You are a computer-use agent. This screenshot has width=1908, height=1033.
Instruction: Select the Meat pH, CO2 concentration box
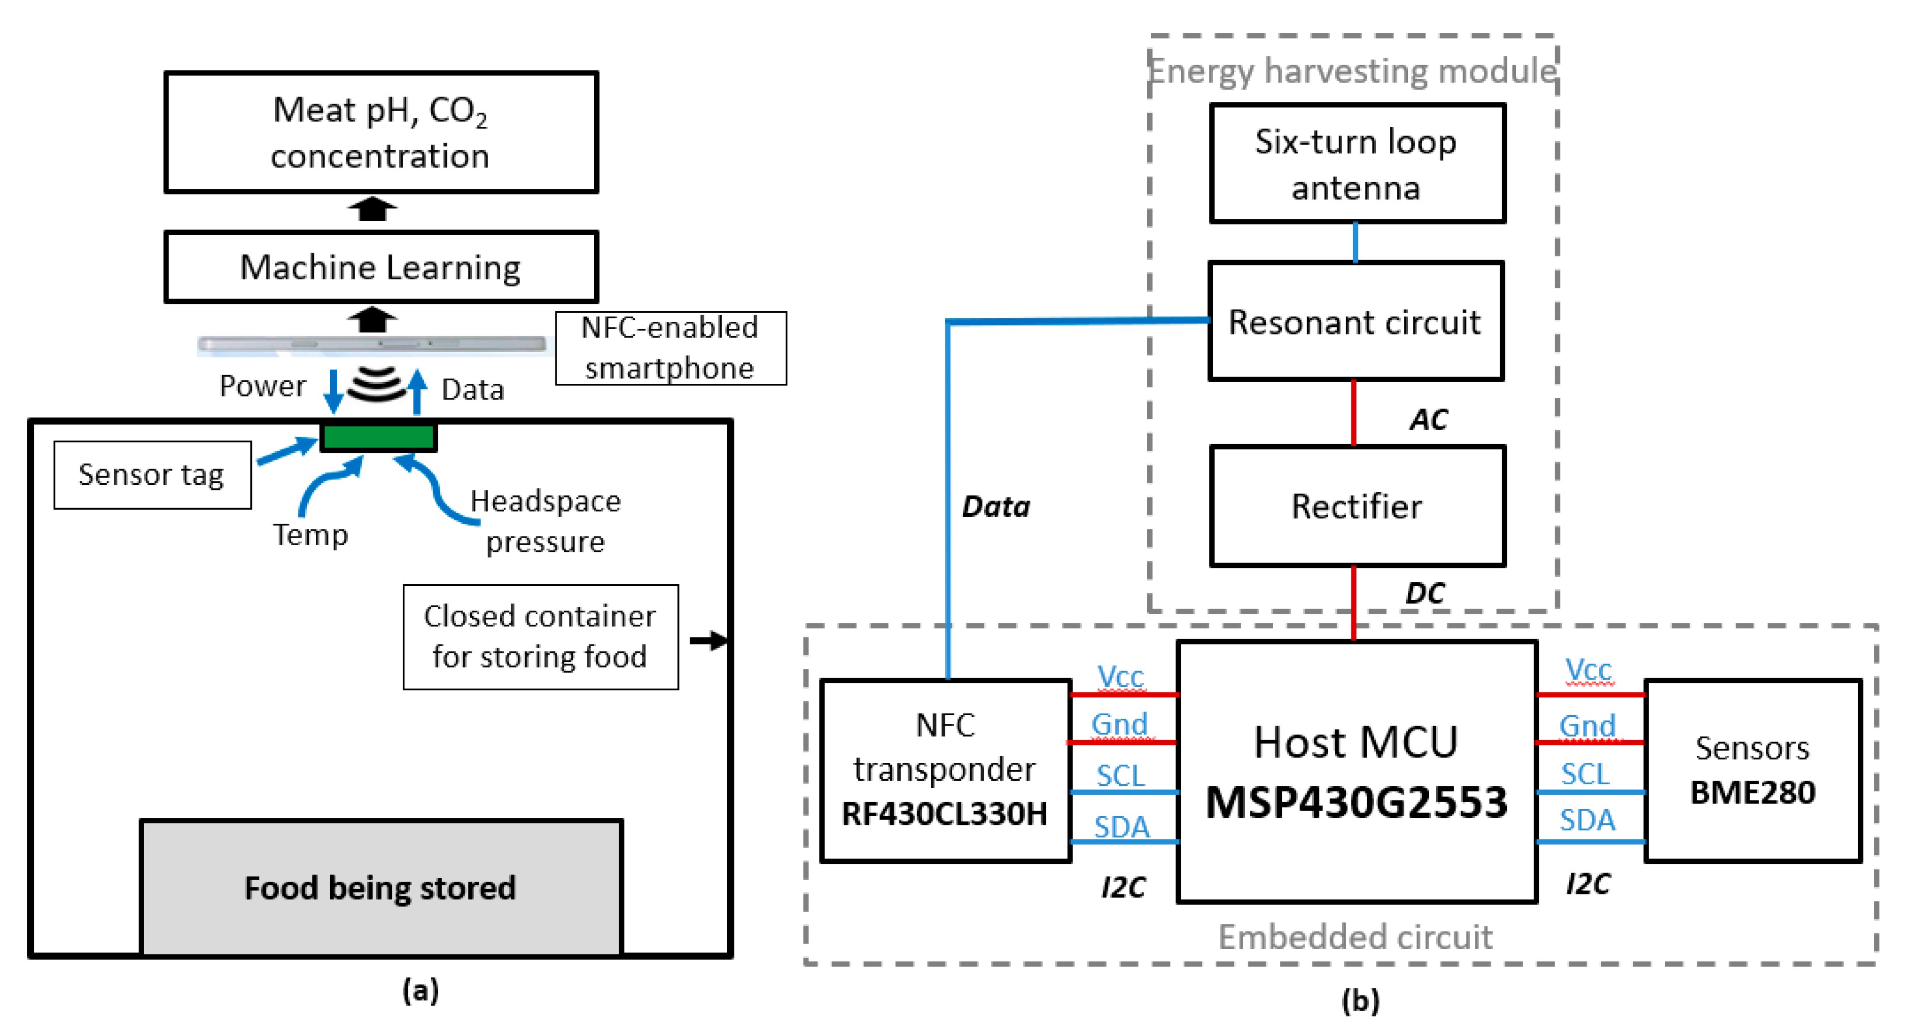[381, 132]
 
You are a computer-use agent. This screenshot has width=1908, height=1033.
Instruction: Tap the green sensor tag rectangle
[378, 437]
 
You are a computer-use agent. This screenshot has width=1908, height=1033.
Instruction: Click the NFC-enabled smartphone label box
[670, 348]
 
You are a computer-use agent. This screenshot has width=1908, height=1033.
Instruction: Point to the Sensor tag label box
[152, 475]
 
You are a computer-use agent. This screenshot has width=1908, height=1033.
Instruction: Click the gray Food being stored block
[381, 887]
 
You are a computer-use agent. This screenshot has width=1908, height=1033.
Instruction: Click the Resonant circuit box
[1355, 321]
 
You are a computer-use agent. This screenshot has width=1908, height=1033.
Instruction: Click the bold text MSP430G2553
[1356, 802]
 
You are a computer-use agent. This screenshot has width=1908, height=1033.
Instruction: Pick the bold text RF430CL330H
[945, 814]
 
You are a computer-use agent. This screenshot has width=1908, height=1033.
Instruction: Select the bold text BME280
[1753, 792]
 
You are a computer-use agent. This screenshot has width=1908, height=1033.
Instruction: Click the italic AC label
[1428, 420]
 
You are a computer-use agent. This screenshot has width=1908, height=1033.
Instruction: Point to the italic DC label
[1425, 593]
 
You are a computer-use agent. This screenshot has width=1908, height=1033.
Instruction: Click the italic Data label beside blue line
[995, 507]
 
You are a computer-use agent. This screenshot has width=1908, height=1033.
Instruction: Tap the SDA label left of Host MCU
[1121, 826]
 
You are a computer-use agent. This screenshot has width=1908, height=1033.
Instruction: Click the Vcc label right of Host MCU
[1588, 670]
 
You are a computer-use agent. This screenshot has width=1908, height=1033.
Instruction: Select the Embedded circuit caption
[1355, 937]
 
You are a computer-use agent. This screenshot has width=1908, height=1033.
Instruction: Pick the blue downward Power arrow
[333, 390]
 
